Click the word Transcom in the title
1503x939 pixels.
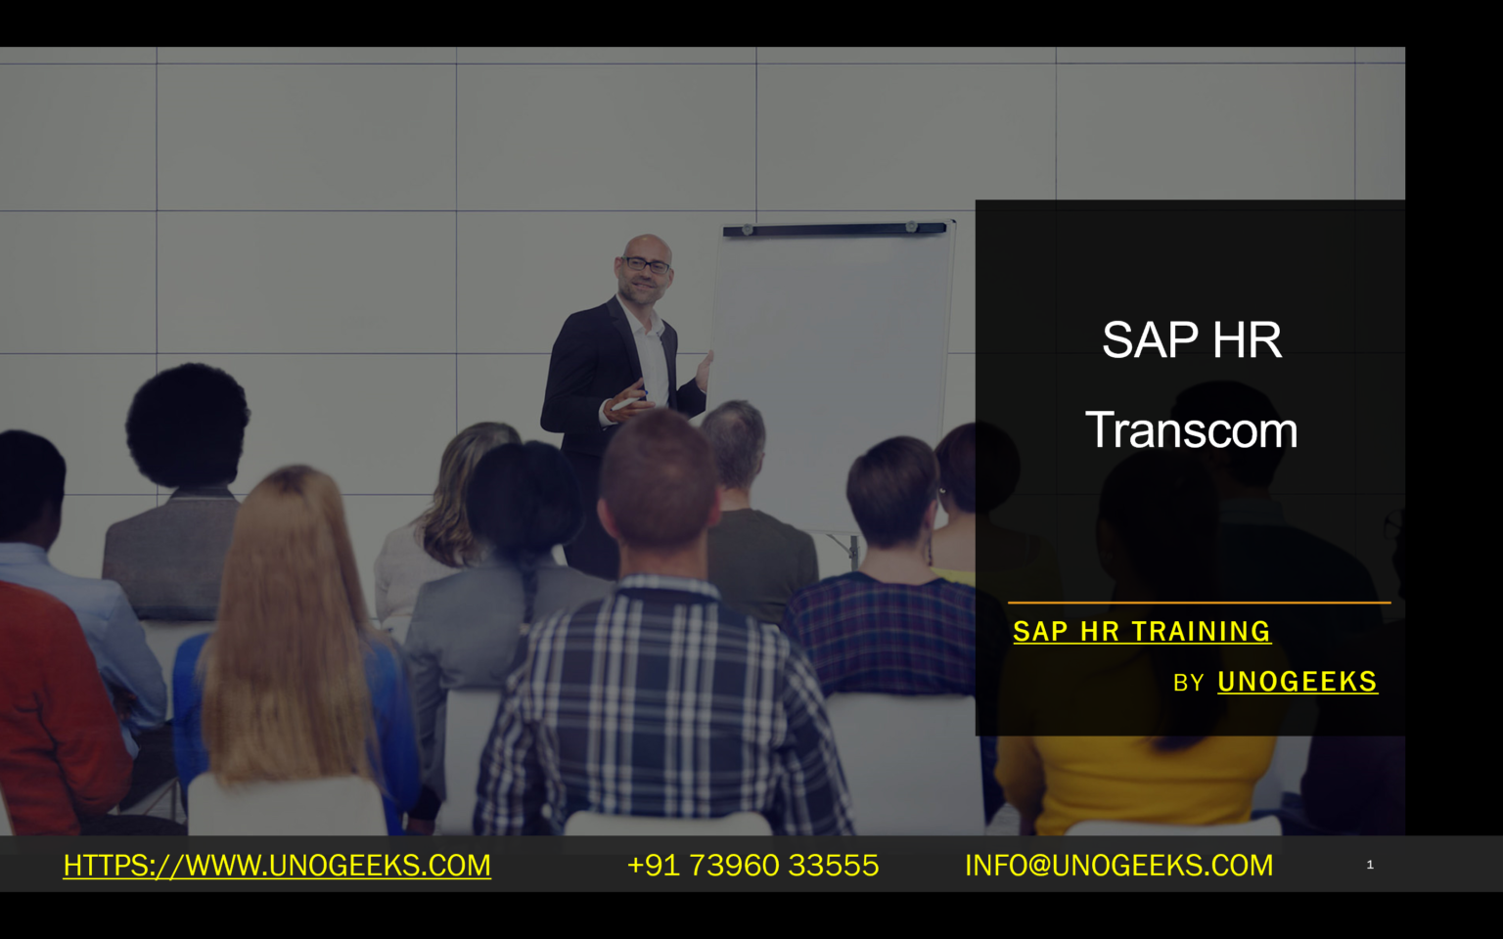(1191, 430)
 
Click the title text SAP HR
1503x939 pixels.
(1191, 340)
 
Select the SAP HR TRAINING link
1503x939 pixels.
(1141, 632)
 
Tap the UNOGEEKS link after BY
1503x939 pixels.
(1297, 682)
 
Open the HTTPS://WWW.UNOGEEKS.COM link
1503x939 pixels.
(277, 865)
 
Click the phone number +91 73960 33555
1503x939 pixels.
(752, 865)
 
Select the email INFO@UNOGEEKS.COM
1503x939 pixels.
(1118, 865)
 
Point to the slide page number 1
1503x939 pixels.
(1370, 865)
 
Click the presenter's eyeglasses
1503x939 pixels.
(647, 264)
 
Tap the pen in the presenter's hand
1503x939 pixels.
(627, 400)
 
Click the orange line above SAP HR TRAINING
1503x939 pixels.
(1199, 603)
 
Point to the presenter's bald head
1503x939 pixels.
(646, 245)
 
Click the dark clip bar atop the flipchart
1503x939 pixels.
(834, 229)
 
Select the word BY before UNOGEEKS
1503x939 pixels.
(1188, 683)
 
